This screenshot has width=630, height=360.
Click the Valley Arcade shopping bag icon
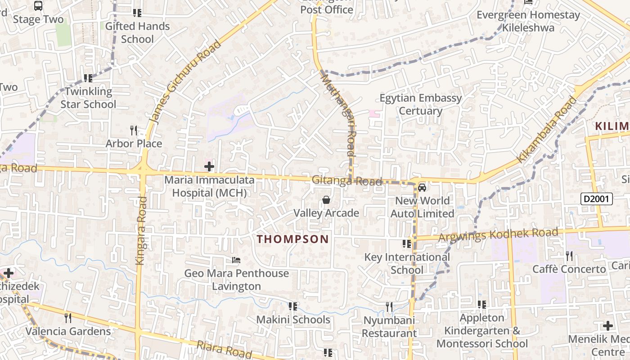point(326,199)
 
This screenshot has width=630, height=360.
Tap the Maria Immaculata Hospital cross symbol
point(209,167)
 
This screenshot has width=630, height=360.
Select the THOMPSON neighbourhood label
point(293,239)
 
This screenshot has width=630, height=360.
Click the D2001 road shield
point(596,199)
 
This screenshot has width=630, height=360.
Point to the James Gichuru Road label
point(185,82)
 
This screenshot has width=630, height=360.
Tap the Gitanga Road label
point(347,181)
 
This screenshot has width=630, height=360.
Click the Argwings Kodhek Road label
point(498,234)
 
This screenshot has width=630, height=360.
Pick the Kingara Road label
point(141,230)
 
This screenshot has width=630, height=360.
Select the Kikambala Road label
point(547,130)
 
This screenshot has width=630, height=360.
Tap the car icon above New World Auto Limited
point(422,187)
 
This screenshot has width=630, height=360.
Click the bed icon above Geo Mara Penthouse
point(236,260)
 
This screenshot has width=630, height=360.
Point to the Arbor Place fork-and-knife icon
point(134,130)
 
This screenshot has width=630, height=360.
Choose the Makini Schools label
point(293,320)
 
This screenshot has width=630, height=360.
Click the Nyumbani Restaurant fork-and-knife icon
point(389,307)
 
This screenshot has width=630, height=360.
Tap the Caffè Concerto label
point(569,269)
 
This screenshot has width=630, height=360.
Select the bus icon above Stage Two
point(38,6)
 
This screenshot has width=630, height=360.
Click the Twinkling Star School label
point(88,98)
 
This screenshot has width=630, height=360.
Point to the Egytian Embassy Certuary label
point(421,104)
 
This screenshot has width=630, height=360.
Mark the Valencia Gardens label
point(68,332)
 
